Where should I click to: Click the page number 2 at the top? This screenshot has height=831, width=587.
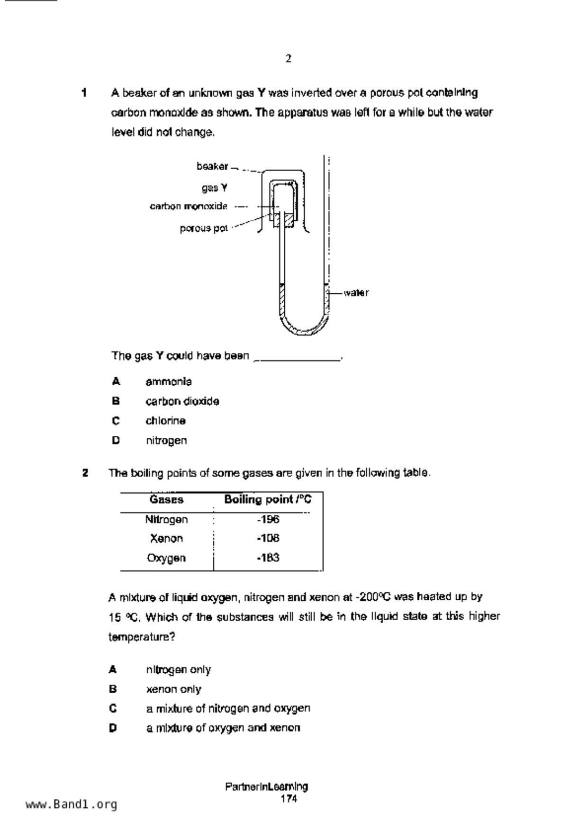pyautogui.click(x=289, y=59)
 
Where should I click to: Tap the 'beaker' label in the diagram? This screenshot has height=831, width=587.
pyautogui.click(x=212, y=166)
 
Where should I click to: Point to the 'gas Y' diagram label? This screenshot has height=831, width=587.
pyautogui.click(x=215, y=188)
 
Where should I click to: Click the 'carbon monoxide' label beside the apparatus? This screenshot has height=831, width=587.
pyautogui.click(x=189, y=206)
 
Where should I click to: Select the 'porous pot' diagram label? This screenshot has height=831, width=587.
pyautogui.click(x=204, y=228)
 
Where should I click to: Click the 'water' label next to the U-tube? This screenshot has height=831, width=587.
pyautogui.click(x=356, y=293)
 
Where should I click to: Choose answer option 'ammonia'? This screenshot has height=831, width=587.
pyautogui.click(x=169, y=381)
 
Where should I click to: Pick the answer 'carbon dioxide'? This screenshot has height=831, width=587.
pyautogui.click(x=182, y=401)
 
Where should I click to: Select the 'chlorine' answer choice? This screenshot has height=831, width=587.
pyautogui.click(x=165, y=421)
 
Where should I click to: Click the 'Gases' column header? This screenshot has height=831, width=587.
pyautogui.click(x=166, y=499)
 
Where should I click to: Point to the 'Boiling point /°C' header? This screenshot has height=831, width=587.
pyautogui.click(x=268, y=499)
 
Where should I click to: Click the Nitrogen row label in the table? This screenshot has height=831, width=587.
pyautogui.click(x=166, y=520)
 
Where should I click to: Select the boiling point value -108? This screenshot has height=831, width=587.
pyautogui.click(x=268, y=538)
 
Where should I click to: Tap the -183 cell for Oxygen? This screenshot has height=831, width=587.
pyautogui.click(x=268, y=558)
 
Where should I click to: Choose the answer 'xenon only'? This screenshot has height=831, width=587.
pyautogui.click(x=173, y=689)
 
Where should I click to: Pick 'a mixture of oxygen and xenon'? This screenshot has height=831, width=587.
pyautogui.click(x=223, y=728)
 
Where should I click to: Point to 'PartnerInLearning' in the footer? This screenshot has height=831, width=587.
pyautogui.click(x=267, y=787)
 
